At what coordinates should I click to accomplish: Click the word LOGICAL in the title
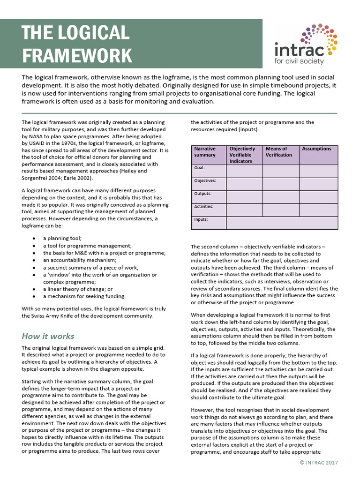point(93,33)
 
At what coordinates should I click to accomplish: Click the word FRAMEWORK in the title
point(77,55)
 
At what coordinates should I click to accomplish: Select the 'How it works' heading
point(48,336)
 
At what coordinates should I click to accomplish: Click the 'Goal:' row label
point(200,167)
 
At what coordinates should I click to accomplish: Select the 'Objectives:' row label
point(205,180)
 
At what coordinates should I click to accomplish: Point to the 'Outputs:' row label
point(202,193)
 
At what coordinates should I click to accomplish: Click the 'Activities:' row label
point(204,206)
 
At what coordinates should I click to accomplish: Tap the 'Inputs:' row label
point(201,219)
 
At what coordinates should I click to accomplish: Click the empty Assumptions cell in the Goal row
point(318,171)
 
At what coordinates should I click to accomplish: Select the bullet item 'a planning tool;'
point(62,238)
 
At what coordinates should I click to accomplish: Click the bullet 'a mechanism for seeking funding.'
point(84,296)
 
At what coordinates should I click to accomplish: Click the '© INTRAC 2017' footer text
point(318,463)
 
